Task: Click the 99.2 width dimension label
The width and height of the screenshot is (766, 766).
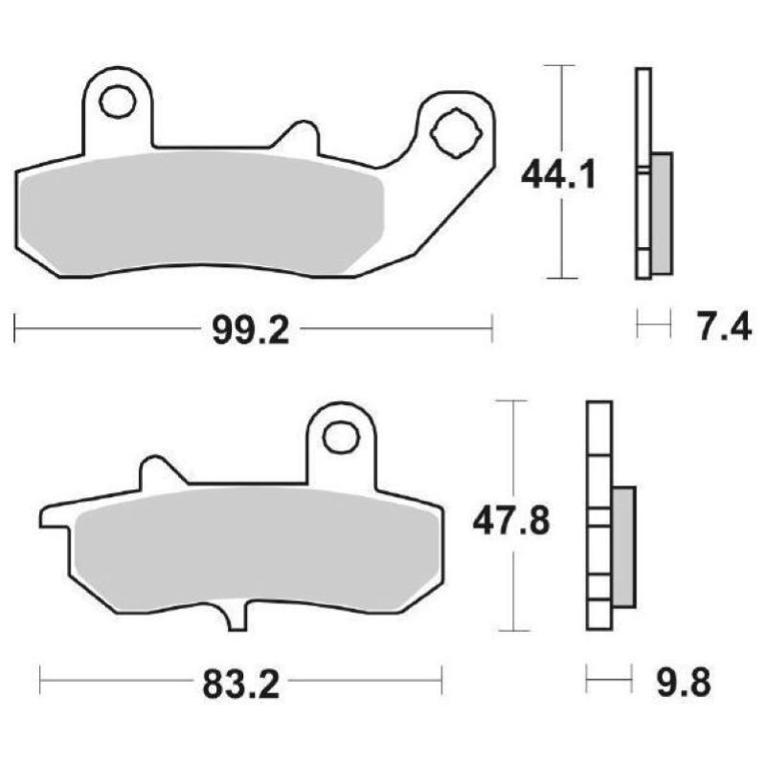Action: tap(248, 331)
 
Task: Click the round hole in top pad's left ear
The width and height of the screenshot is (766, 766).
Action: tap(118, 101)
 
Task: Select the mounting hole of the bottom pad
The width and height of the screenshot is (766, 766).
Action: tap(339, 438)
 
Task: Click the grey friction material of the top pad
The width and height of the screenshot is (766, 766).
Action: tap(201, 211)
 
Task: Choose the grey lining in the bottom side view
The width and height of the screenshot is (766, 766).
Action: tap(621, 546)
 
